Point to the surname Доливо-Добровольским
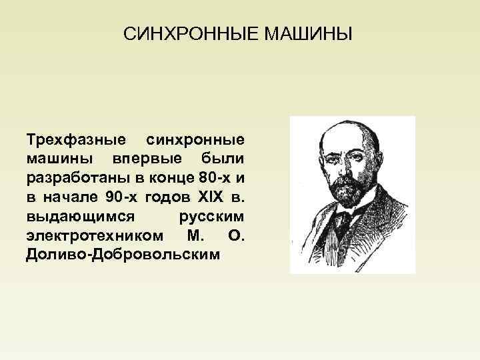[123, 255]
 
